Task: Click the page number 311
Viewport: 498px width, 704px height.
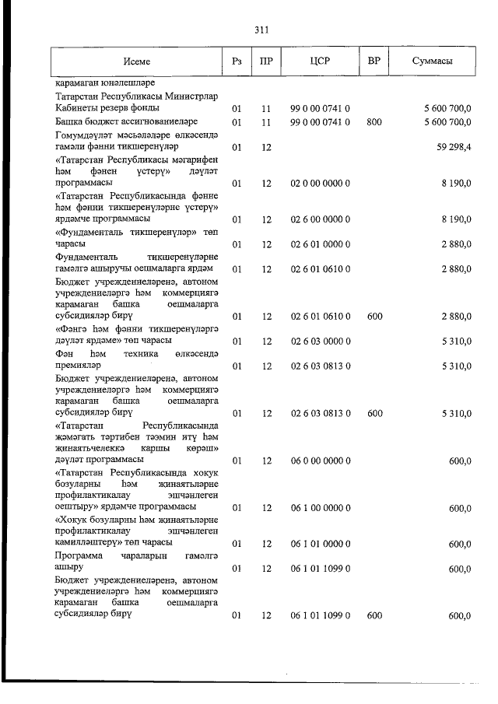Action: [261, 30]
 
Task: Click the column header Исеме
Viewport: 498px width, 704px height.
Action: [136, 61]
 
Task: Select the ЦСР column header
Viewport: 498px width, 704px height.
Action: [321, 61]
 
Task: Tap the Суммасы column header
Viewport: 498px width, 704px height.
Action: [433, 61]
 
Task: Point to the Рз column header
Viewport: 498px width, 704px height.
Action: [237, 61]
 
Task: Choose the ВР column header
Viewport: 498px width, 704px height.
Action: [373, 61]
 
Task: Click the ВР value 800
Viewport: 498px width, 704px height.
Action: [374, 122]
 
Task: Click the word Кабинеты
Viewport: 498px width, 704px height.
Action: [77, 108]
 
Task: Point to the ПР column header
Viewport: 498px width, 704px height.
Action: [266, 61]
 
